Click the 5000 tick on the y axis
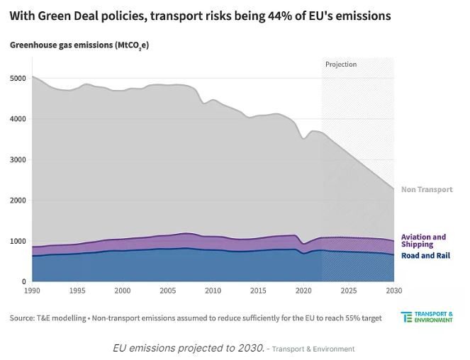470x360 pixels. click(18, 79)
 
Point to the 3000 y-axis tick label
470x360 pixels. click(18, 160)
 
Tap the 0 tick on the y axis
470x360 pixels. click(23, 282)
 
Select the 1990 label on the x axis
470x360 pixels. click(32, 291)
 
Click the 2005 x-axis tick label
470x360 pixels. click(167, 291)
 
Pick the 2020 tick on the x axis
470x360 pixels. click(303, 291)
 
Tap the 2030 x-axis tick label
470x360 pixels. click(393, 291)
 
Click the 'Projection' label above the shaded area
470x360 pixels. click(341, 64)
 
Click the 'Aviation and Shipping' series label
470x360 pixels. click(423, 240)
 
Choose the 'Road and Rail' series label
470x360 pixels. click(425, 255)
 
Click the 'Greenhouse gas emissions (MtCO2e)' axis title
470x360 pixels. click(79, 45)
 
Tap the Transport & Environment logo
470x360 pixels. click(427, 317)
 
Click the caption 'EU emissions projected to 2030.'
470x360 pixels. click(188, 348)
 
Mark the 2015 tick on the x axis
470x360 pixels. click(258, 291)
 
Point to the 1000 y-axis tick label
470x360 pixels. click(18, 242)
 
